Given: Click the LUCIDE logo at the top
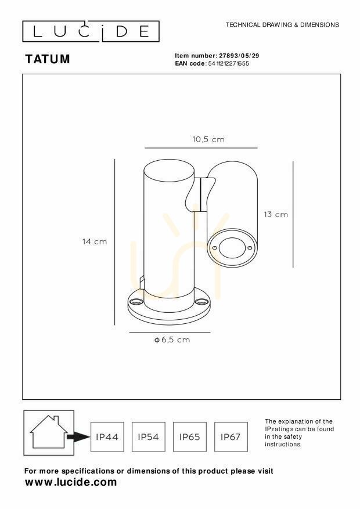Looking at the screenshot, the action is (x=91, y=31).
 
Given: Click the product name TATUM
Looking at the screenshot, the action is (x=48, y=59).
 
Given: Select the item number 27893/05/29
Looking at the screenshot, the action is (x=239, y=56).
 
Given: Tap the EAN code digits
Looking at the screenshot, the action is (x=229, y=64).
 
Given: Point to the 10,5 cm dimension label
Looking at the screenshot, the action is (x=208, y=139).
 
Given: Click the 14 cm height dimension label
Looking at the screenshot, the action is (x=95, y=241).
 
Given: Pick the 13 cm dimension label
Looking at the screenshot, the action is (x=276, y=214).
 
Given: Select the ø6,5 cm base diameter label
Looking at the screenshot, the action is (x=172, y=340).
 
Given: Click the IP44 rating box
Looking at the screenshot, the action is (x=107, y=437).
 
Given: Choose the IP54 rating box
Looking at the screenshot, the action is (x=148, y=437).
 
